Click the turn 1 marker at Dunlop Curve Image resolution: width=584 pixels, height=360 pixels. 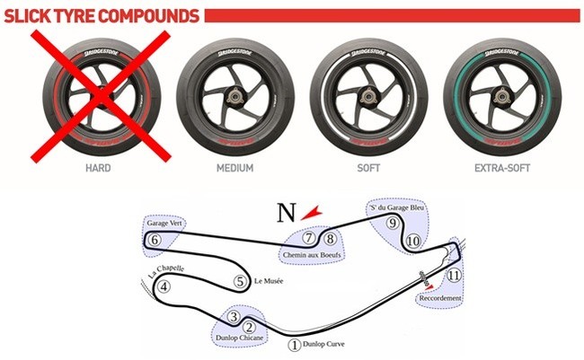293,344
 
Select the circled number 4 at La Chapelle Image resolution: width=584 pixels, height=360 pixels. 164,287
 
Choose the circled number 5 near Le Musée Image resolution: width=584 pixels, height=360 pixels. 239,281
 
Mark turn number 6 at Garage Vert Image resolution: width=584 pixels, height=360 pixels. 155,240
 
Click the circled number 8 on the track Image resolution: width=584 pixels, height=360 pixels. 331,238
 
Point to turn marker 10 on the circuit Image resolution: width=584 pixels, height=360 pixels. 412,241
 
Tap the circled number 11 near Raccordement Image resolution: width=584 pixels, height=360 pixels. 454,275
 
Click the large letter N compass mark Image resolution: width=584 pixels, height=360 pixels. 286,214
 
